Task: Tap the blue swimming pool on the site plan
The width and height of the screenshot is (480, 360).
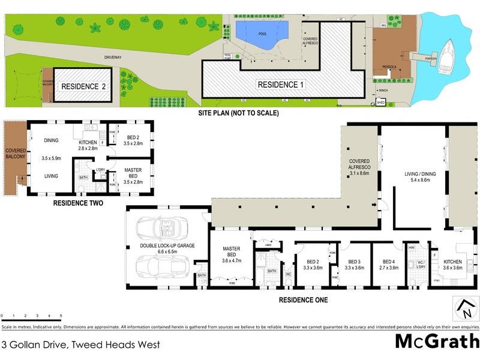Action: tap(262, 31)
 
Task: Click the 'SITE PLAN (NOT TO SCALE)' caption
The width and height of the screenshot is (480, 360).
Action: tap(239, 113)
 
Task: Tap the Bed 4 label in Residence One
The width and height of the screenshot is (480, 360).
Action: tap(389, 265)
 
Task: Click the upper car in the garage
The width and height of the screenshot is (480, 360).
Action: tap(164, 229)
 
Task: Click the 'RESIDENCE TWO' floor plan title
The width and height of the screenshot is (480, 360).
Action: tap(78, 204)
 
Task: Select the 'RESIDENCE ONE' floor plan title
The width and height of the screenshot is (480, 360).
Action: tap(303, 299)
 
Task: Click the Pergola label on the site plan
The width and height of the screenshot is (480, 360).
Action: tap(382, 67)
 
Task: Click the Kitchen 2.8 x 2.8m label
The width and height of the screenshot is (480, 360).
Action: tap(88, 144)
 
